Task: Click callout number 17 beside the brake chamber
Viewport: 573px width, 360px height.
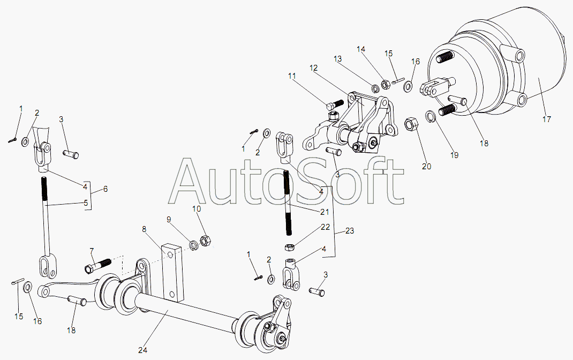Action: pyautogui.click(x=546, y=119)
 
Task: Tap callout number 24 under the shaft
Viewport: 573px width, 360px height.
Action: pyautogui.click(x=142, y=350)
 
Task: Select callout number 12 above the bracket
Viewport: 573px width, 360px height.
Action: pyautogui.click(x=313, y=68)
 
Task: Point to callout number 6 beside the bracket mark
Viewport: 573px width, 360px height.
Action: pyautogui.click(x=105, y=189)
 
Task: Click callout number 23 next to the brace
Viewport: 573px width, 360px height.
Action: pyautogui.click(x=349, y=231)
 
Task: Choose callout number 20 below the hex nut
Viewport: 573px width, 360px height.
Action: pyautogui.click(x=426, y=166)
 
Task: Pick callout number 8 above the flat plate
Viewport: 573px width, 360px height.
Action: pyautogui.click(x=144, y=229)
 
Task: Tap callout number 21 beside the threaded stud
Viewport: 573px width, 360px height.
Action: pyautogui.click(x=324, y=212)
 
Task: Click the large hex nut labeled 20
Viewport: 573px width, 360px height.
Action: pyautogui.click(x=411, y=124)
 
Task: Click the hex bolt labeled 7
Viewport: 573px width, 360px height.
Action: pyautogui.click(x=97, y=266)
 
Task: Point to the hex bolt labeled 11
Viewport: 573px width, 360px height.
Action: pyautogui.click(x=334, y=105)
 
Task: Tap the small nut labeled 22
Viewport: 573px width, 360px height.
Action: pyautogui.click(x=289, y=247)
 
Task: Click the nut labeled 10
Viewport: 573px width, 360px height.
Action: pyautogui.click(x=206, y=241)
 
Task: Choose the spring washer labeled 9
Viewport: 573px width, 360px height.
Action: pyautogui.click(x=193, y=244)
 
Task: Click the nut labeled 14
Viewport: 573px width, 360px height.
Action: pyautogui.click(x=385, y=85)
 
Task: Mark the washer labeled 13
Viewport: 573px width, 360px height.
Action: pyautogui.click(x=374, y=88)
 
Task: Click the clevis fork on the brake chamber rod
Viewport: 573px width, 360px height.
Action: pyautogui.click(x=433, y=87)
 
